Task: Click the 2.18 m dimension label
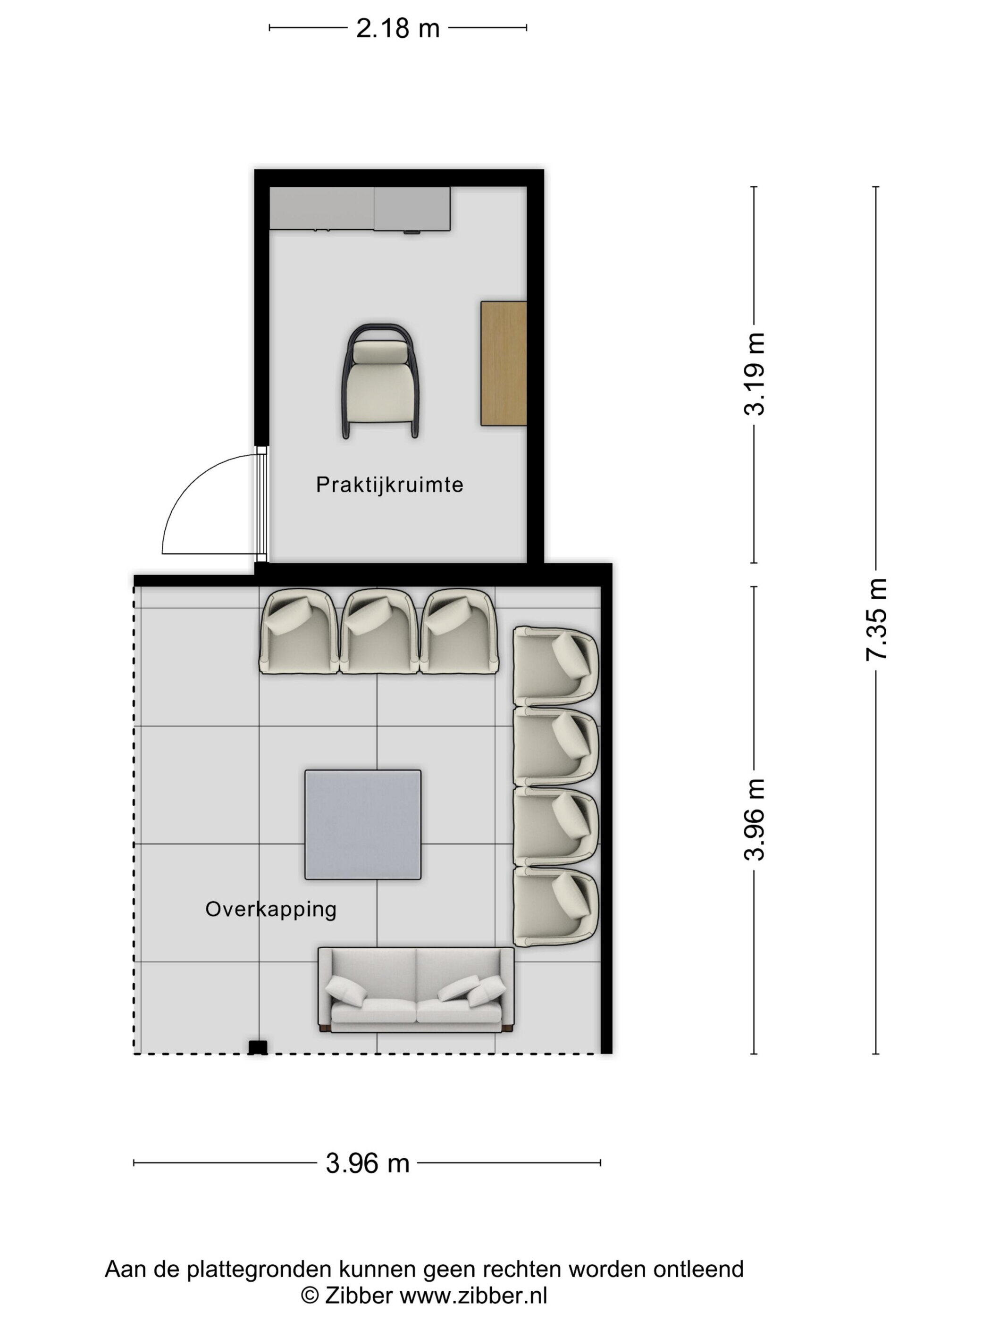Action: pos(397,28)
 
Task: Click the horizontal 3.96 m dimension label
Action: pos(367,1163)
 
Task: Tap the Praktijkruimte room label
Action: pos(389,485)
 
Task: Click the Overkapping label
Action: pos(270,909)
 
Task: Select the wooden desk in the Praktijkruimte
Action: pos(504,363)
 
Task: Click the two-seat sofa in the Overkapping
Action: pos(416,990)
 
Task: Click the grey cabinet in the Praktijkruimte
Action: pos(360,209)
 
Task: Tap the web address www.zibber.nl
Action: pos(473,1296)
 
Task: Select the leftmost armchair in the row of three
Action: pos(298,631)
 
